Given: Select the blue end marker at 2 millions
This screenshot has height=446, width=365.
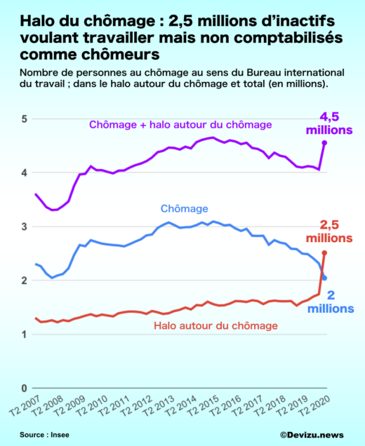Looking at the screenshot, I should coord(324,278).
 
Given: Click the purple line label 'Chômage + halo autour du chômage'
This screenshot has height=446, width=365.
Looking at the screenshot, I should coord(180,125).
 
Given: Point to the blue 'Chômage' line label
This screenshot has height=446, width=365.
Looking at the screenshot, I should coord(184,208).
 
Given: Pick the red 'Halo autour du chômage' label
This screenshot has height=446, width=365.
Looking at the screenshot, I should coord(216,326).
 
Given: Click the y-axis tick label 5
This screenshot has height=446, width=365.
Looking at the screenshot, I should coord(23,119).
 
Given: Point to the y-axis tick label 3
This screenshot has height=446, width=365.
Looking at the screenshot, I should coord(23,227).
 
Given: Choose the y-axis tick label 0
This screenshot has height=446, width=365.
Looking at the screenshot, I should coord(23,388).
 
